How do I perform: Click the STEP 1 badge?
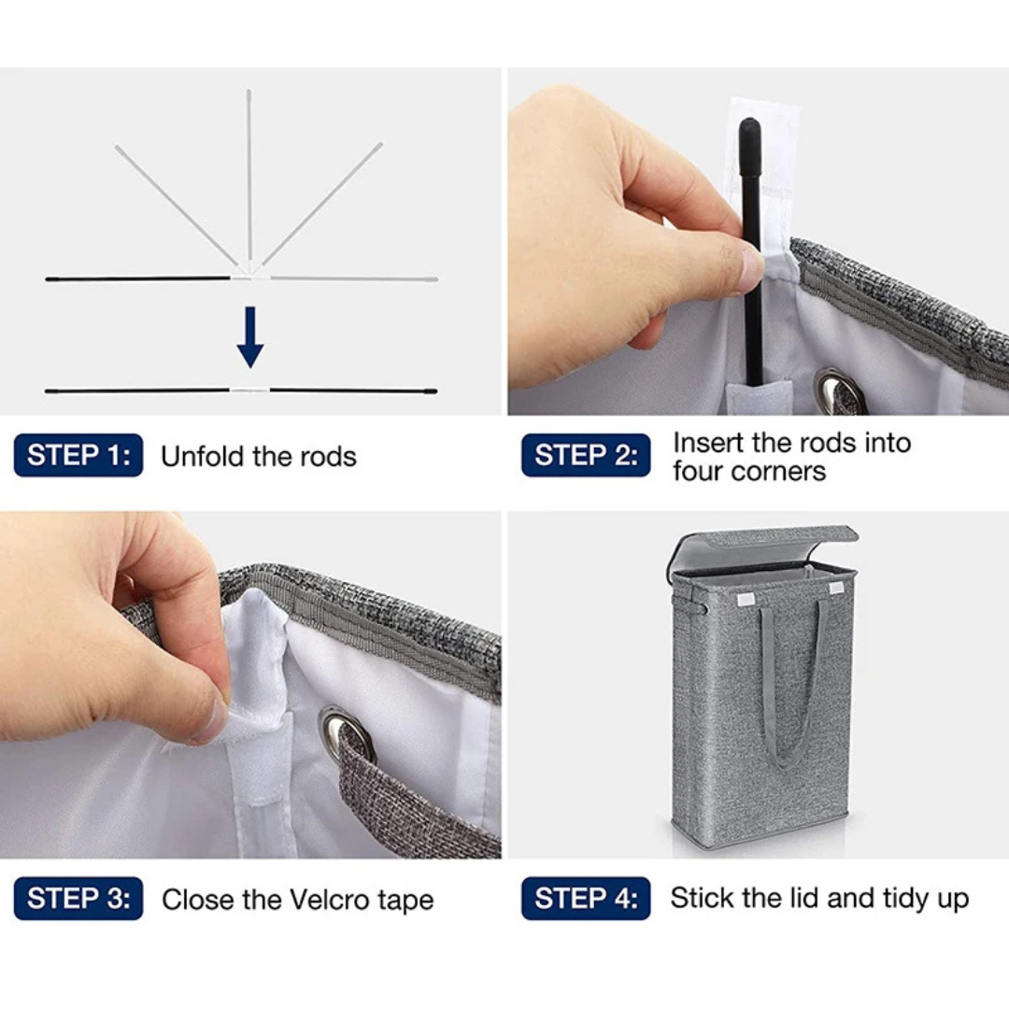point(78,456)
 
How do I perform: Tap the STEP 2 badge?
point(586,456)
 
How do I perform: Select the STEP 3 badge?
point(78,899)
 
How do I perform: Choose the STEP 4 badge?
point(586,899)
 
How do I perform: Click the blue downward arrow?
point(250,337)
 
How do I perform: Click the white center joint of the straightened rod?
point(249,390)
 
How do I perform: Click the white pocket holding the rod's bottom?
point(758,398)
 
